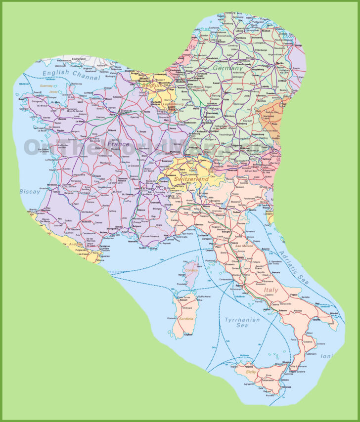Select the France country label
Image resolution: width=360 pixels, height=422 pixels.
coord(118,144)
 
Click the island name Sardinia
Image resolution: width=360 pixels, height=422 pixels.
coord(186,319)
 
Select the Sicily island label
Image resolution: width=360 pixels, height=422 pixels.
coord(249,372)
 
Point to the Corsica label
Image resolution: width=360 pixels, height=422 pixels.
coord(191,271)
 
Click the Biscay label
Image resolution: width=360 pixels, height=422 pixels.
coord(30,192)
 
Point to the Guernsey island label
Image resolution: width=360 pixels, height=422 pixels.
coord(46,85)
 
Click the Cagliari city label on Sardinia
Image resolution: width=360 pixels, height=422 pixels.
coord(188,335)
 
